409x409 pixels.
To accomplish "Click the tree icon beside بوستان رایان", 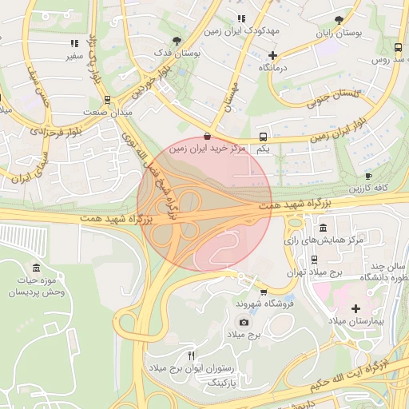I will pyautogui.click(x=340, y=19).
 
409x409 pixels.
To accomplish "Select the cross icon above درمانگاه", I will pyautogui.click(x=273, y=56).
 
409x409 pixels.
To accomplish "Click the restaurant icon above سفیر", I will pyautogui.click(x=73, y=44).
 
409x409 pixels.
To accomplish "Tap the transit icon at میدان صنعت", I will pyautogui.click(x=107, y=100).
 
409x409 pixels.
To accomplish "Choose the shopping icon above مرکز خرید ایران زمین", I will pyautogui.click(x=208, y=136).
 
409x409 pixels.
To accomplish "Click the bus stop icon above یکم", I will pyautogui.click(x=264, y=137).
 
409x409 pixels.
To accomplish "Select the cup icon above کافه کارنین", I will pyautogui.click(x=368, y=176).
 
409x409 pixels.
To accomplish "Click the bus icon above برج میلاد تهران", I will pyautogui.click(x=314, y=260).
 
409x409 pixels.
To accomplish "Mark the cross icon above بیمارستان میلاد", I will pyautogui.click(x=355, y=308).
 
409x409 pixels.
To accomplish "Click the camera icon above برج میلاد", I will pyautogui.click(x=244, y=323).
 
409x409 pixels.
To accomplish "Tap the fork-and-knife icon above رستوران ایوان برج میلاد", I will pyautogui.click(x=190, y=355).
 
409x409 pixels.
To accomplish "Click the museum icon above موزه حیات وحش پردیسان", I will pyautogui.click(x=37, y=268).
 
